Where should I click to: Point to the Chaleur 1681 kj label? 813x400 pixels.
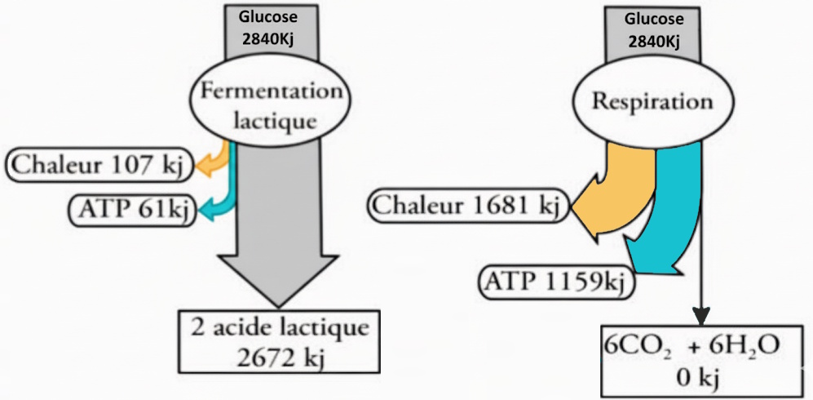(466, 206)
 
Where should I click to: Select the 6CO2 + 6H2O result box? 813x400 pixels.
(692, 359)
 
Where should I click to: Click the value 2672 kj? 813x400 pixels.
(280, 356)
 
